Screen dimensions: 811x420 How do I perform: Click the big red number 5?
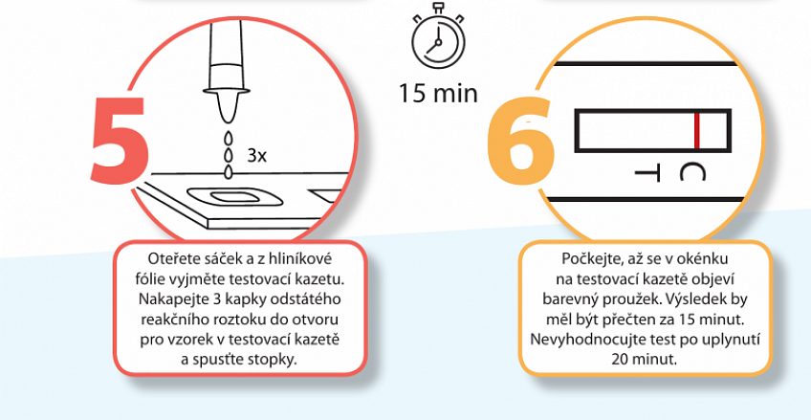(x=120, y=140)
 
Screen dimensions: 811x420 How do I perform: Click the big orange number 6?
(x=520, y=140)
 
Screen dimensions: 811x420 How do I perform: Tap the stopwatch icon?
(x=438, y=37)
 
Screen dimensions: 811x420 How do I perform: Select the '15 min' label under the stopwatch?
(x=438, y=94)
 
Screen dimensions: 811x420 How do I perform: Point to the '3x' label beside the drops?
(x=256, y=155)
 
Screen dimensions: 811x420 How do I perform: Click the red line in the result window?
(x=696, y=130)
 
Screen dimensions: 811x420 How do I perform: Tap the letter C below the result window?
(x=692, y=172)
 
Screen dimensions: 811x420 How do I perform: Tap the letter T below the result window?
(x=647, y=172)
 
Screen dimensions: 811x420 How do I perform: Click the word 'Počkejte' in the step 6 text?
(x=584, y=258)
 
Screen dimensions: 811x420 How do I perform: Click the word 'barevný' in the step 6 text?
(x=563, y=299)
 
